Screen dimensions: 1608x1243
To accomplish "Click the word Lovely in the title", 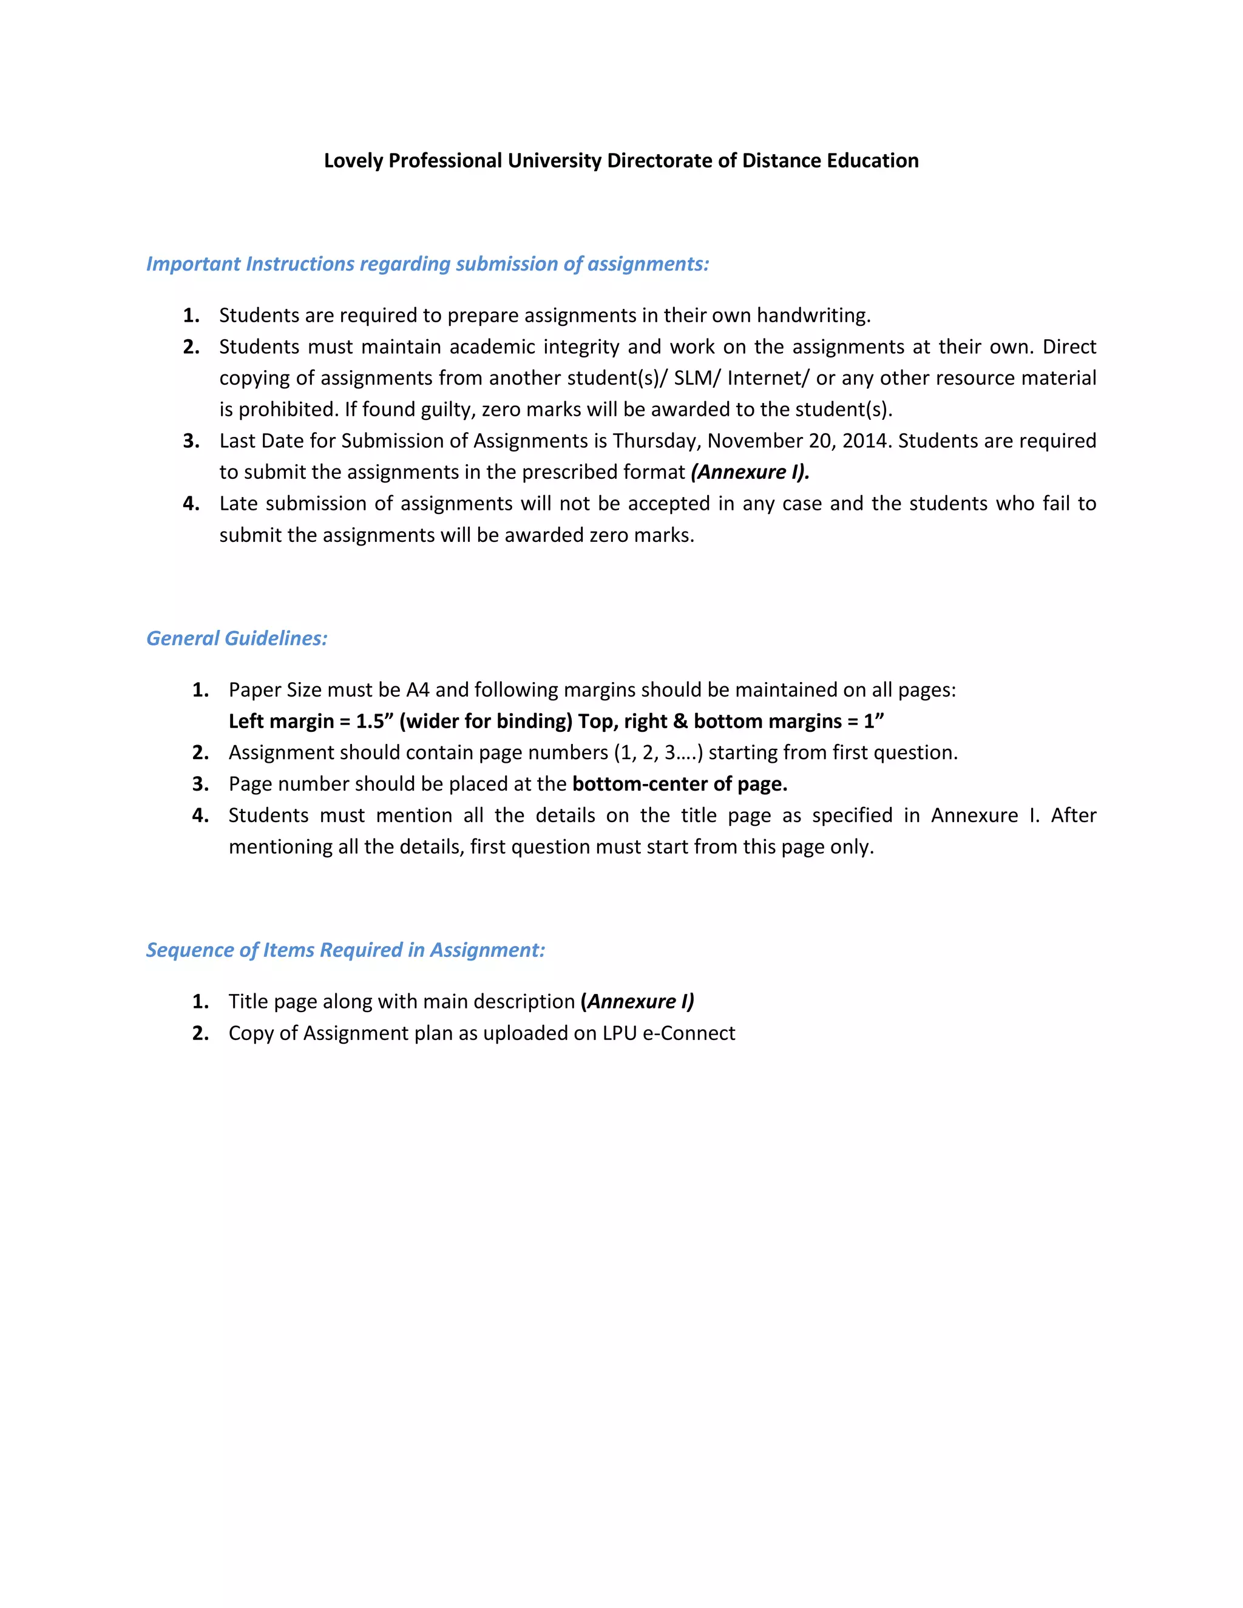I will (x=353, y=161).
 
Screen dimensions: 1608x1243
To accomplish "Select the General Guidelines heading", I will (x=236, y=638).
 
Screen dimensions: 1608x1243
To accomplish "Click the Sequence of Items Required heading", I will (x=345, y=950).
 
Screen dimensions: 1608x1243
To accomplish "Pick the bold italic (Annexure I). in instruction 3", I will (x=750, y=473).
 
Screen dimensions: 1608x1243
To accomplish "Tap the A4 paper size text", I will (x=418, y=691).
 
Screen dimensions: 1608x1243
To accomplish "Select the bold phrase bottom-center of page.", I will (x=679, y=784).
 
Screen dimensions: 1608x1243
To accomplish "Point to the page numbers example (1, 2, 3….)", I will (x=659, y=753).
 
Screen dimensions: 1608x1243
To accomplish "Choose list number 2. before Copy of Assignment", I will (x=200, y=1034).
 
